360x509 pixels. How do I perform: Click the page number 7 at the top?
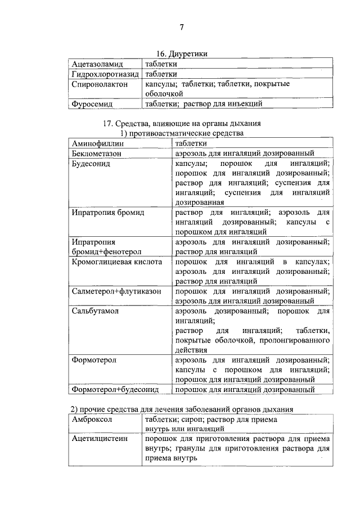pos(182,28)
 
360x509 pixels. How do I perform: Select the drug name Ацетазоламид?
pos(98,64)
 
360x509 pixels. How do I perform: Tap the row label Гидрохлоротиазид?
pos(105,74)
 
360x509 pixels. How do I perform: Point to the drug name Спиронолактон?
pos(100,84)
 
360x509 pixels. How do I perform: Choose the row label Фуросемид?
pos(92,103)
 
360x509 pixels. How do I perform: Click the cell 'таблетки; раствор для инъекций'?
pos(203,103)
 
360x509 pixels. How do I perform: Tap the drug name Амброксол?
pos(92,419)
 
